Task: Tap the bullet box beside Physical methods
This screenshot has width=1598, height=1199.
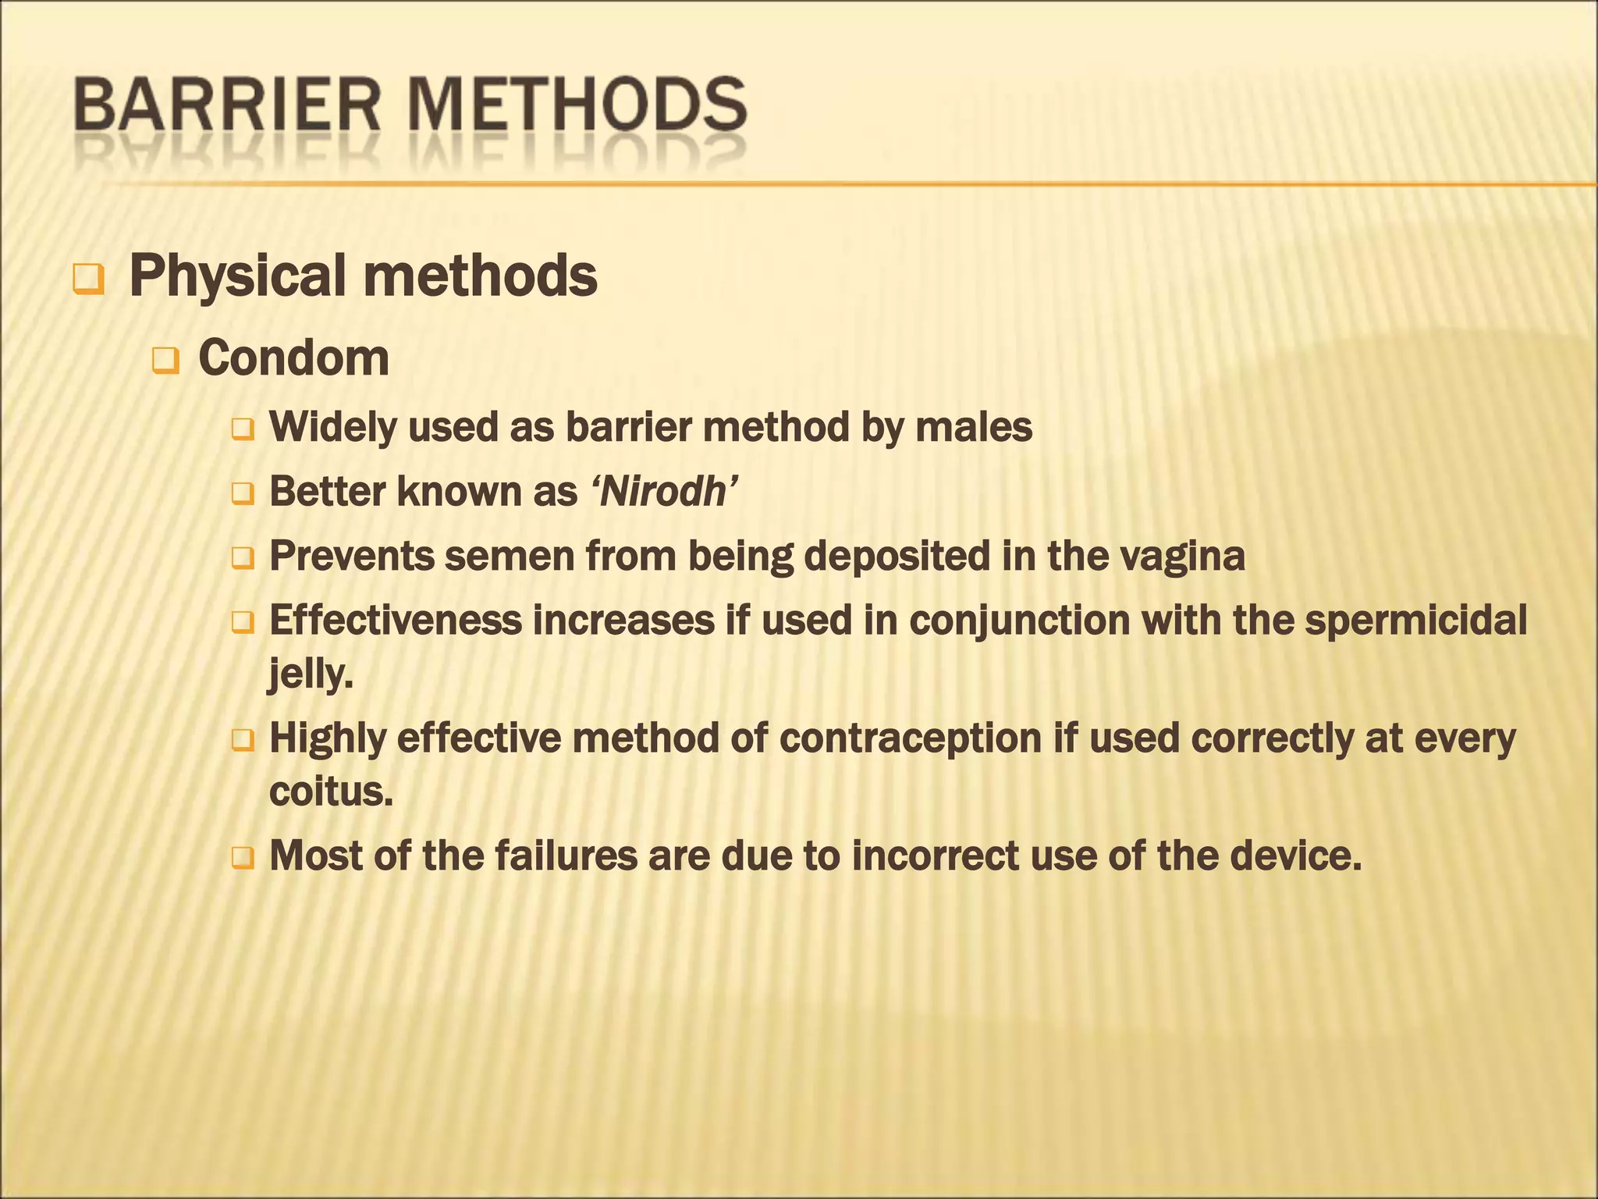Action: [87, 279]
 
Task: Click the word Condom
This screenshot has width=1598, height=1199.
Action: [293, 358]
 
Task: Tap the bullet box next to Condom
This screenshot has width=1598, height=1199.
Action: [165, 361]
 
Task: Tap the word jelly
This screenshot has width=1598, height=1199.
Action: [309, 674]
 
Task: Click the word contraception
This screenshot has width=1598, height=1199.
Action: [910, 738]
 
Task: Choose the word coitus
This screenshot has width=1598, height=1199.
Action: [330, 792]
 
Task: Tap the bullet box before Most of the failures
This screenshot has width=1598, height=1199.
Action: [243, 859]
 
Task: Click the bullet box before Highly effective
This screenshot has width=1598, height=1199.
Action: [243, 741]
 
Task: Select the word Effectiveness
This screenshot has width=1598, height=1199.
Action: [395, 621]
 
